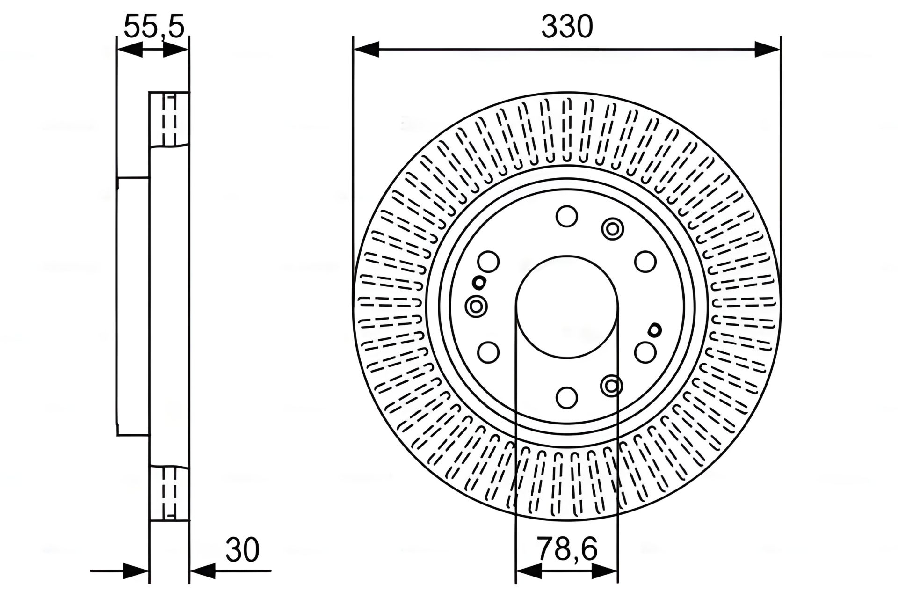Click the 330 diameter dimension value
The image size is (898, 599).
point(567,27)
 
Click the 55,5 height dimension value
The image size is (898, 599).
point(154,27)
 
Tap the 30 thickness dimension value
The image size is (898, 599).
point(242,550)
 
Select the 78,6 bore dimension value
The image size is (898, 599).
point(567,549)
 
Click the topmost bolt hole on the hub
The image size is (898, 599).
point(566,217)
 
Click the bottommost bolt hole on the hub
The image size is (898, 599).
point(566,397)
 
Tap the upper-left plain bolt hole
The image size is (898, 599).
point(489,262)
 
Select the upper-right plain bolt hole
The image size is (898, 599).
point(645,262)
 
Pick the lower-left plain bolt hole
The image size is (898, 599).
point(489,352)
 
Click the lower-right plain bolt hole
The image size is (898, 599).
point(645,352)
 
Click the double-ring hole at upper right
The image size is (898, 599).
point(612,229)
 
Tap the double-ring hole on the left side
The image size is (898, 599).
point(476,307)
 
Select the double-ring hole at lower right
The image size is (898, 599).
point(611,386)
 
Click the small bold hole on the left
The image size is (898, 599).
point(478,282)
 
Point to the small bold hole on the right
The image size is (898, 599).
point(655,330)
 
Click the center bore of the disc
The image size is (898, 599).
point(566,307)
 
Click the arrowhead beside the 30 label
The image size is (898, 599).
point(203,570)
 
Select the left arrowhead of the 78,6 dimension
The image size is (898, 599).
point(529,570)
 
